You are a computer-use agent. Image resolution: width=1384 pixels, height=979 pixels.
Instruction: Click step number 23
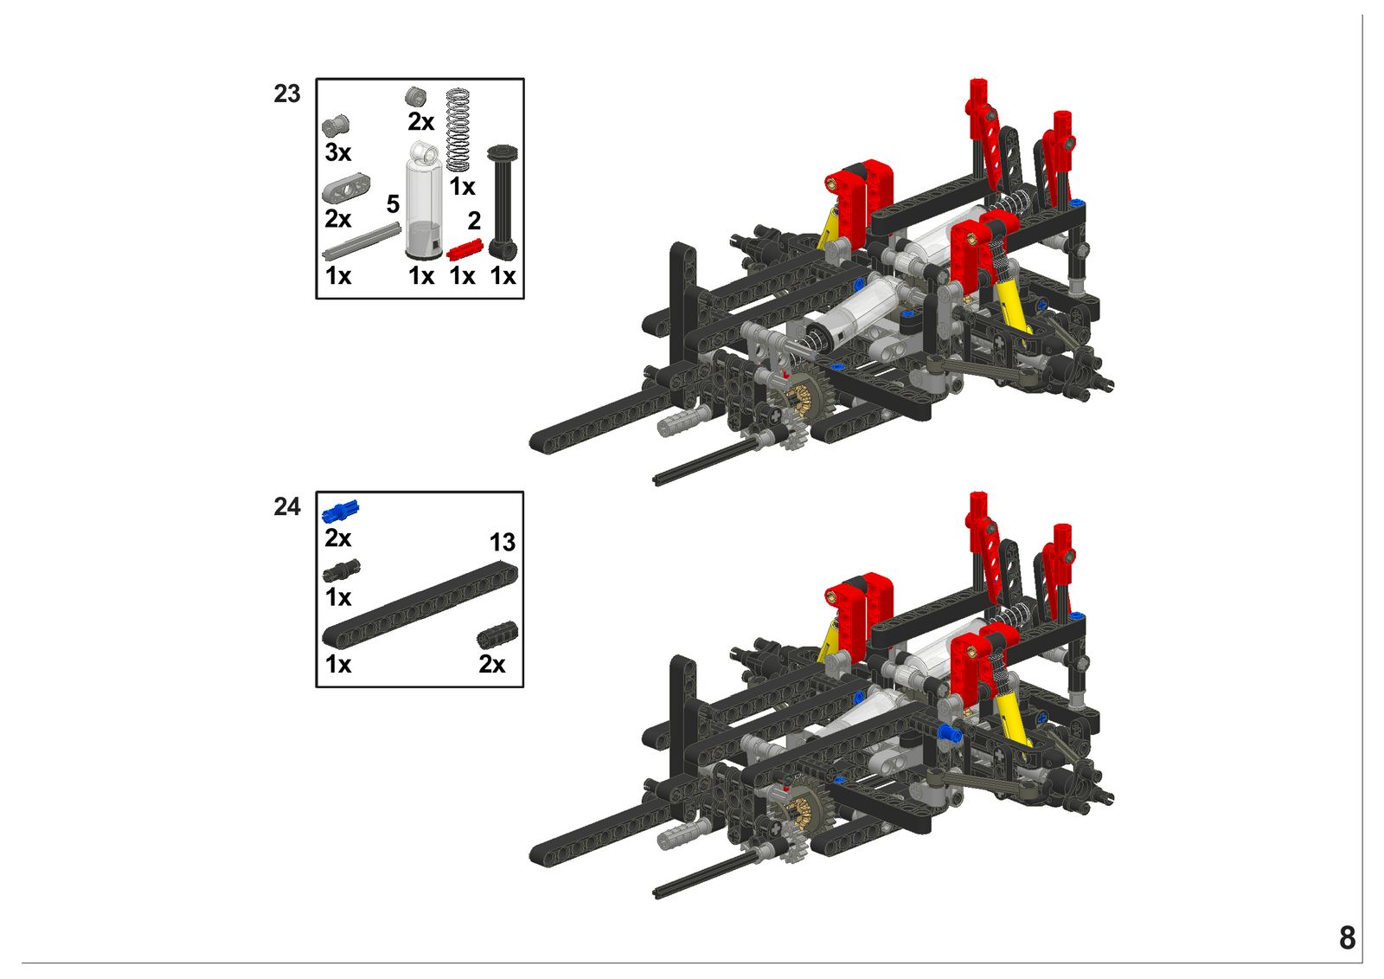[286, 94]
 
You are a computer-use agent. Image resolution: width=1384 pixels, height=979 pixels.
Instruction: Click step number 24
[286, 507]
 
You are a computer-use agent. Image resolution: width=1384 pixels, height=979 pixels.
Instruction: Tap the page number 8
[1348, 938]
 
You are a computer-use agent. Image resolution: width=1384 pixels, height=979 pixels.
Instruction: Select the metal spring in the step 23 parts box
[458, 131]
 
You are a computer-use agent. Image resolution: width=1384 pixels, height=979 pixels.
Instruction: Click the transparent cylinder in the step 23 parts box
[423, 201]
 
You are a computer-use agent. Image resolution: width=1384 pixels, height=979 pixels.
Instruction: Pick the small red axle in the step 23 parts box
[464, 250]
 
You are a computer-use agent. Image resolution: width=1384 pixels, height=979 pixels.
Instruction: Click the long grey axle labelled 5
[362, 242]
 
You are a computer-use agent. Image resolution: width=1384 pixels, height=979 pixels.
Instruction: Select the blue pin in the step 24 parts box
[341, 511]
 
